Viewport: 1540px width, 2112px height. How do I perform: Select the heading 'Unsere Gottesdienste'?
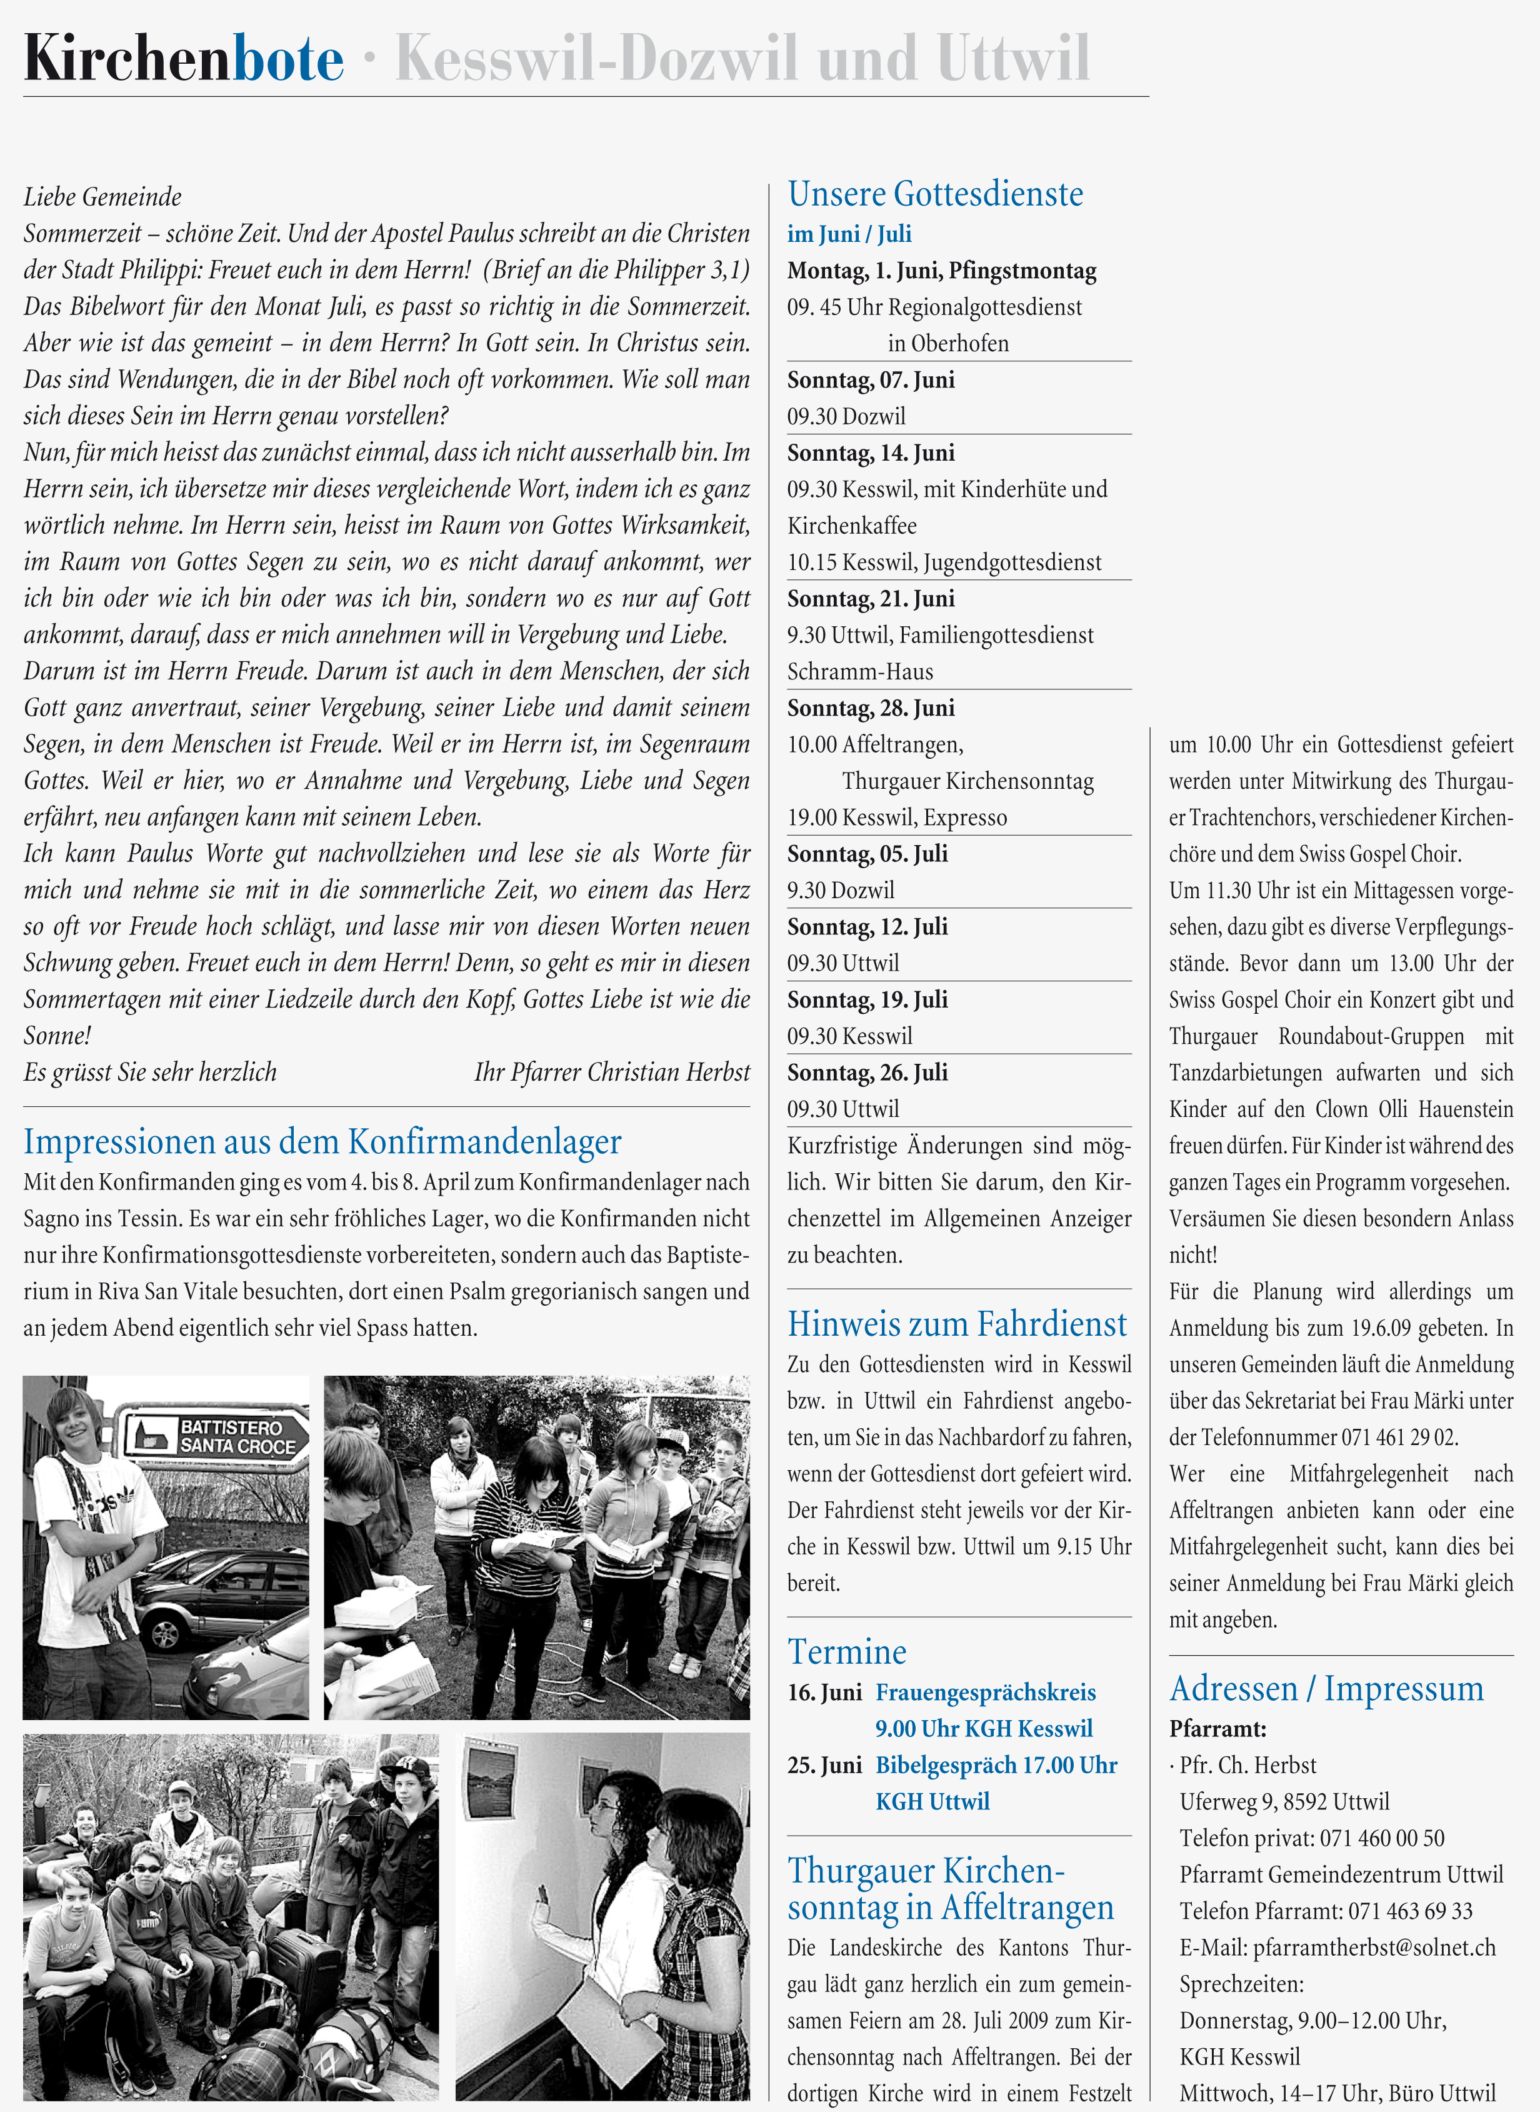pyautogui.click(x=935, y=194)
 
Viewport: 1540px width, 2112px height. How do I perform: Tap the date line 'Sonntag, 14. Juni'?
pyautogui.click(x=871, y=453)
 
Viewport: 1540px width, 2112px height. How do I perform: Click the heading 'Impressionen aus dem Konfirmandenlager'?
pyautogui.click(x=322, y=1142)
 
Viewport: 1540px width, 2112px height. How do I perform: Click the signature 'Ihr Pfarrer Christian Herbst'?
pyautogui.click(x=611, y=1072)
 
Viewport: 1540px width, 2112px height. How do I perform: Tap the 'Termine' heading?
pyautogui.click(x=846, y=1651)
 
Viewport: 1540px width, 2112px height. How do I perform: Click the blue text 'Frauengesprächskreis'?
pyautogui.click(x=986, y=1693)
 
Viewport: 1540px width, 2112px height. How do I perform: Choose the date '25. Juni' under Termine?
pyautogui.click(x=824, y=1765)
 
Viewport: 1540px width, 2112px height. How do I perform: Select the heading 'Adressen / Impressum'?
pyautogui.click(x=1326, y=1689)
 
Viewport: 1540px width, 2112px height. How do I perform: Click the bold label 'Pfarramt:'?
pyautogui.click(x=1217, y=1729)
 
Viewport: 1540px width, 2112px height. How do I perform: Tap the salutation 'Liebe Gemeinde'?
pyautogui.click(x=102, y=197)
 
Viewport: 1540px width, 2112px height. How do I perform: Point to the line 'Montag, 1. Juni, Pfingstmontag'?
pyautogui.click(x=941, y=270)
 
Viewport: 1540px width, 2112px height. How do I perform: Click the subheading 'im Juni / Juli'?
pyautogui.click(x=849, y=234)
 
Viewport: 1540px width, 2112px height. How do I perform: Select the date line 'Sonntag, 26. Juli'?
pyautogui.click(x=867, y=1073)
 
